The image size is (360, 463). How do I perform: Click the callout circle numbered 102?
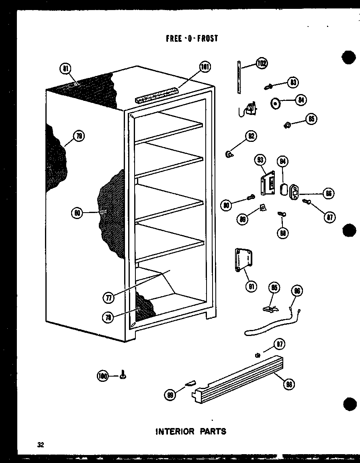[x=262, y=64]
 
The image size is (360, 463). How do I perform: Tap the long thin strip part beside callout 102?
[x=239, y=77]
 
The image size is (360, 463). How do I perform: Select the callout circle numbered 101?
[x=205, y=67]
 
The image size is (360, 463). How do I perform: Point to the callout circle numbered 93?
[x=260, y=160]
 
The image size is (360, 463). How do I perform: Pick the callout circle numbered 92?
[x=252, y=136]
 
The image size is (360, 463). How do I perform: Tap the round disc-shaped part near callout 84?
[x=275, y=103]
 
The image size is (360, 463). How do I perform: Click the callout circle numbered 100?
[x=104, y=376]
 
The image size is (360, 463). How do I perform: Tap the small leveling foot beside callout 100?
[x=123, y=375]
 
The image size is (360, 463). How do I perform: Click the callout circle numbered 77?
[x=108, y=298]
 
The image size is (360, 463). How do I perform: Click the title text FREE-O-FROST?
[x=192, y=39]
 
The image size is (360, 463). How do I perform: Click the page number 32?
[x=40, y=445]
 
